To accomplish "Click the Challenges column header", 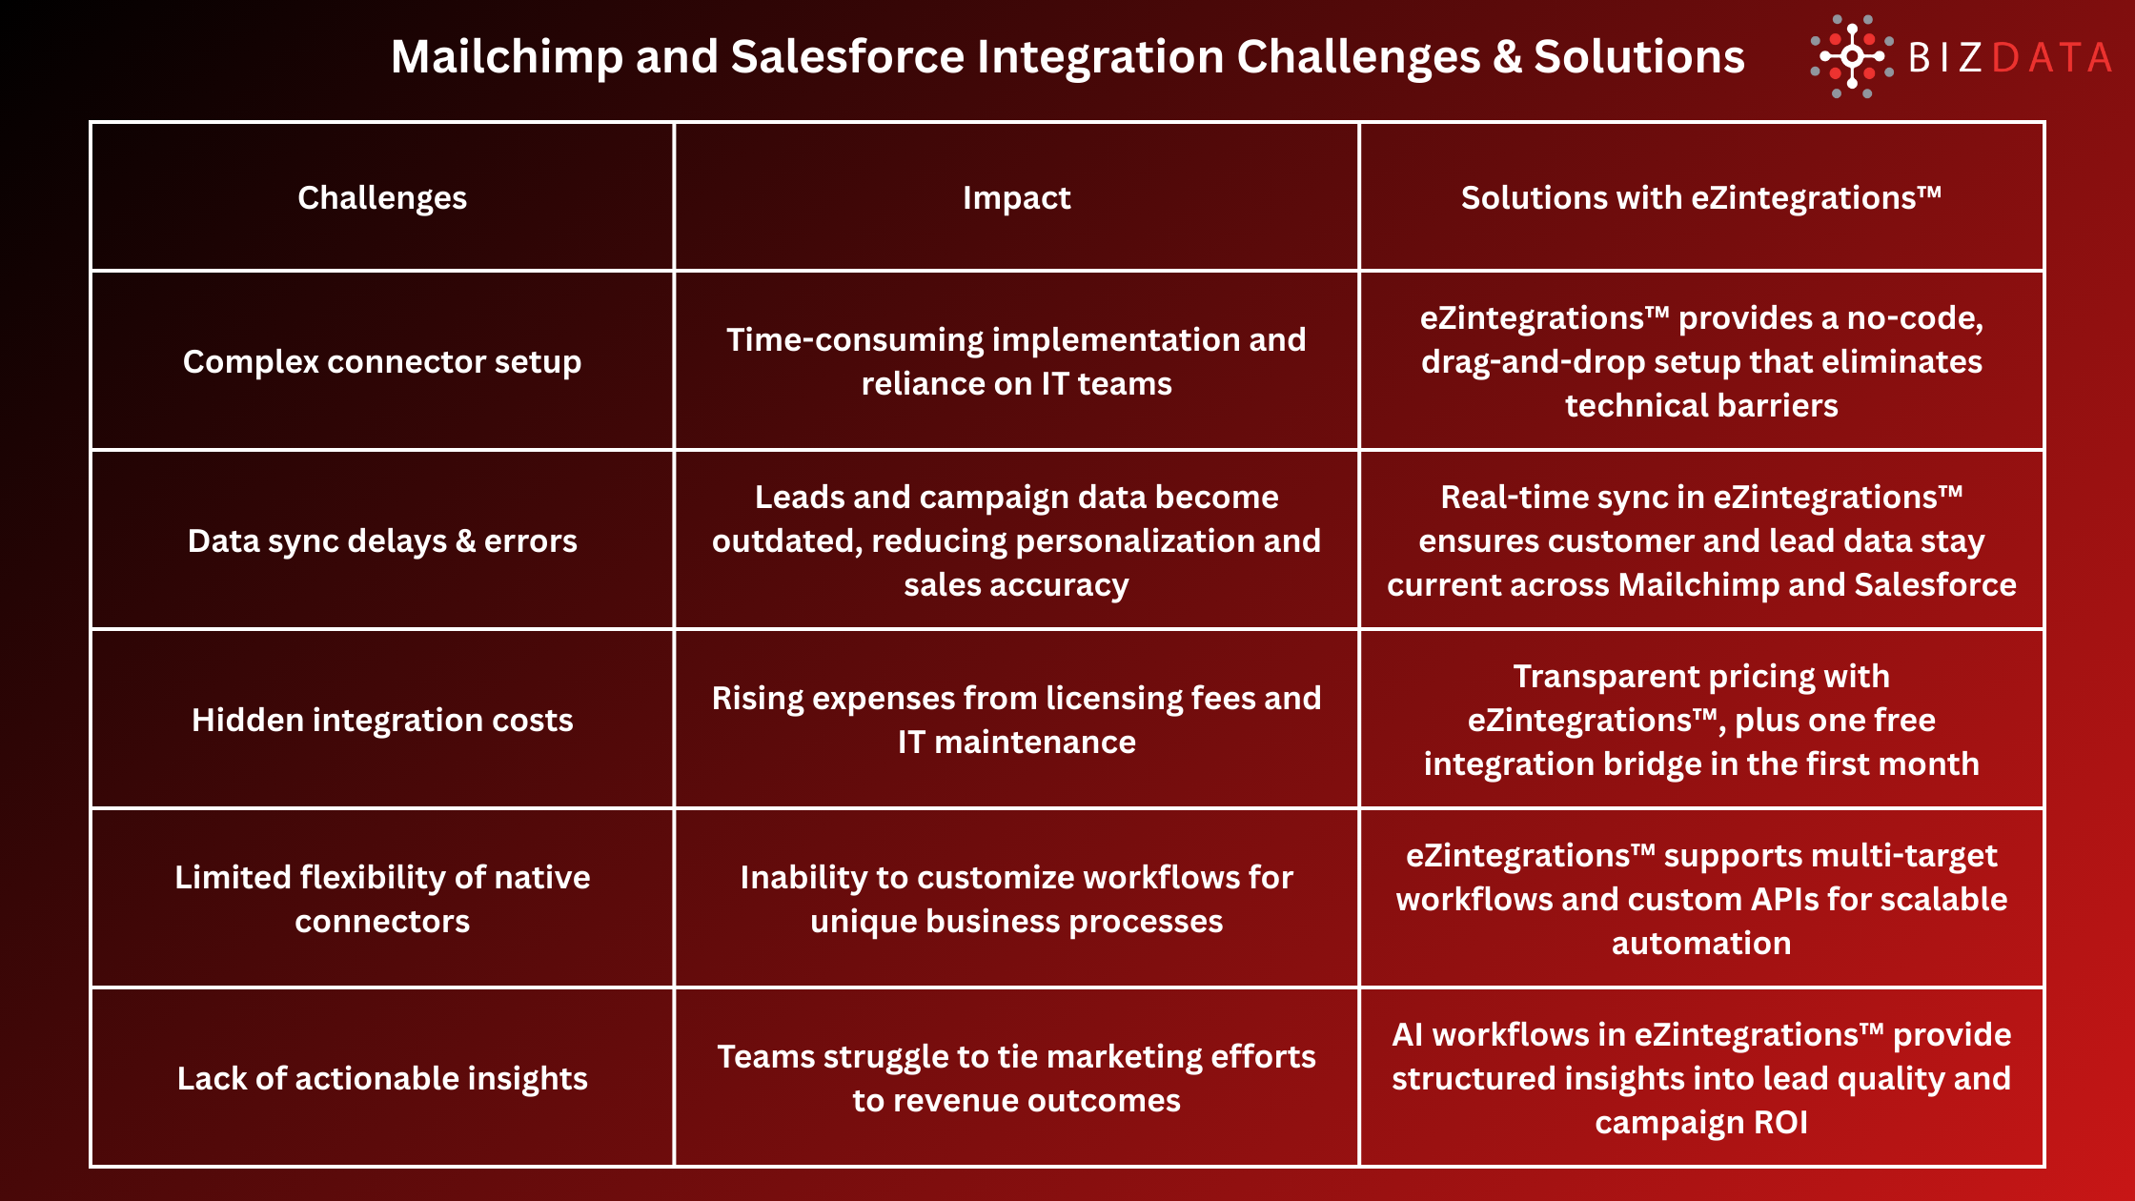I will tap(382, 197).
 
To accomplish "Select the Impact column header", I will tap(1016, 197).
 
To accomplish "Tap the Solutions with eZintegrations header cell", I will tap(1701, 197).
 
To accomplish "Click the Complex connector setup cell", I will tap(382, 361).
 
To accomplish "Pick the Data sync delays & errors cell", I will tap(382, 540).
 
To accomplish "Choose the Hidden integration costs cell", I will tap(382, 720).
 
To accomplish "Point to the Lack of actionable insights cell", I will tap(382, 1078).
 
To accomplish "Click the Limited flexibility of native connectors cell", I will tap(382, 899).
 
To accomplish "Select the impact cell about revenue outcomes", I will tap(1016, 1078).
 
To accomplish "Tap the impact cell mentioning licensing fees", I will tap(1016, 720).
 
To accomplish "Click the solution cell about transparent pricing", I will tap(1701, 720).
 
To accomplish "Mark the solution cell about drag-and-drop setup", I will tap(1701, 361).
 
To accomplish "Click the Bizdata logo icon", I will tap(1851, 56).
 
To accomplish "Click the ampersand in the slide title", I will tap(1507, 57).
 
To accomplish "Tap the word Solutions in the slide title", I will tap(1639, 57).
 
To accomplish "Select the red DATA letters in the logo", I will tap(2051, 58).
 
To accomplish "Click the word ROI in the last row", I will tap(1780, 1122).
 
